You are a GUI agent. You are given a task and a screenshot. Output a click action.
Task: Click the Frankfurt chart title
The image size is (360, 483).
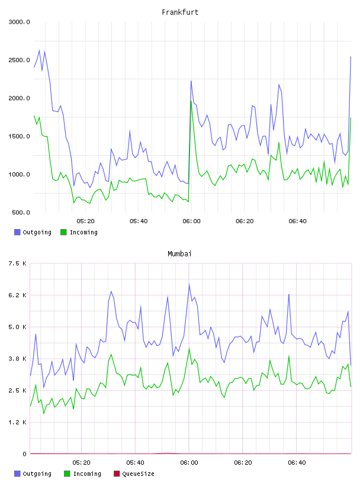pyautogui.click(x=180, y=12)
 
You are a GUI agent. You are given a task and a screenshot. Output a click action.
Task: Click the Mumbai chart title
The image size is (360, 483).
pyautogui.click(x=179, y=253)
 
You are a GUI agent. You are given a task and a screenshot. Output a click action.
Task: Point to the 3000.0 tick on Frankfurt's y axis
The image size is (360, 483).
pyautogui.click(x=19, y=22)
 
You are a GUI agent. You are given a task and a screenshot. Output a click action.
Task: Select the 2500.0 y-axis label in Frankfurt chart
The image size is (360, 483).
pyautogui.click(x=19, y=60)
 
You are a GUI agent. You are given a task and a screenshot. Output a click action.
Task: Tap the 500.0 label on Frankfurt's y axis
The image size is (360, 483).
pyautogui.click(x=21, y=212)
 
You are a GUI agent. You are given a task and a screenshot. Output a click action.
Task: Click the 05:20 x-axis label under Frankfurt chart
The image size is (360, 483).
pyautogui.click(x=85, y=221)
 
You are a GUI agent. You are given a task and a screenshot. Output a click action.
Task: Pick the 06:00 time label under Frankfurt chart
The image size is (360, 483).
pyautogui.click(x=191, y=221)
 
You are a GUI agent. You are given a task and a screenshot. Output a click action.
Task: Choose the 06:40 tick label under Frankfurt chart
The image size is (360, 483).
pyautogui.click(x=297, y=221)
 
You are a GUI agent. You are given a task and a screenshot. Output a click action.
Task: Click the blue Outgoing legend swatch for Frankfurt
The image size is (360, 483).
pyautogui.click(x=17, y=232)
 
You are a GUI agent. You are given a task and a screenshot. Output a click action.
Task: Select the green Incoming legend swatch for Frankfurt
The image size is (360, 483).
pyautogui.click(x=63, y=232)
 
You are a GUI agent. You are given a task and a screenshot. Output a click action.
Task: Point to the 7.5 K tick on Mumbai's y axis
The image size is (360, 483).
pyautogui.click(x=18, y=263)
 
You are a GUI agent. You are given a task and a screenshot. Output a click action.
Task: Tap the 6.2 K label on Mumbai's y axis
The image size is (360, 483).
pyautogui.click(x=18, y=295)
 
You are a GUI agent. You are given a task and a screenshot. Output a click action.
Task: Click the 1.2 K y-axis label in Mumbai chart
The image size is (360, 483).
pyautogui.click(x=18, y=422)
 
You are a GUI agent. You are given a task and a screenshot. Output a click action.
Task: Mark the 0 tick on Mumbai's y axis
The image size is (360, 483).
pyautogui.click(x=25, y=454)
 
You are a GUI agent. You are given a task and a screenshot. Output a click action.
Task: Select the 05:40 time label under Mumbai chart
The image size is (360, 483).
pyautogui.click(x=136, y=463)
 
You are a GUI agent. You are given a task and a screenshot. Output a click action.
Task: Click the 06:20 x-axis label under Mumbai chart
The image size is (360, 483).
pyautogui.click(x=243, y=463)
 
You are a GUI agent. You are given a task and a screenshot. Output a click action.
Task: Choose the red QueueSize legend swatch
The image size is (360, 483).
pyautogui.click(x=117, y=474)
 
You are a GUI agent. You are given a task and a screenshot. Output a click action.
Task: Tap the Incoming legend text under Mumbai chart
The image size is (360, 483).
pyautogui.click(x=87, y=474)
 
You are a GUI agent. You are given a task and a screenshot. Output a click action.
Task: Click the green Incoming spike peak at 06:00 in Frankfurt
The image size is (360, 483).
pyautogui.click(x=191, y=101)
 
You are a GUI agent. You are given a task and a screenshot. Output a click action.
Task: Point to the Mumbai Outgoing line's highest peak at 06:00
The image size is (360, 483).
pyautogui.click(x=189, y=284)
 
